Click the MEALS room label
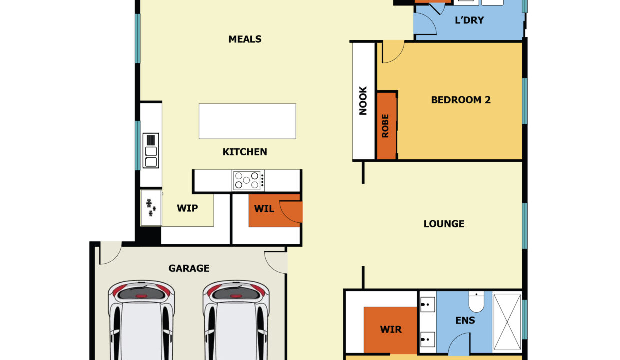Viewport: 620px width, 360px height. [245, 39]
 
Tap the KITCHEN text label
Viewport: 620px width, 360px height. [245, 152]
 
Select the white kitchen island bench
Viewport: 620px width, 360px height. [247, 121]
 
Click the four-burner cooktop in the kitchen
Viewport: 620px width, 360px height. [247, 180]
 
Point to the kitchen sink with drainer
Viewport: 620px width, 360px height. [151, 151]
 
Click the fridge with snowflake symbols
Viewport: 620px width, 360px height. [151, 208]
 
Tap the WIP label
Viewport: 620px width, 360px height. [187, 208]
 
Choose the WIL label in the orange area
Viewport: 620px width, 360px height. [264, 209]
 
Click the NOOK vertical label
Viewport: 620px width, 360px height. [363, 101]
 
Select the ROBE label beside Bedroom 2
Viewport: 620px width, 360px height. [385, 126]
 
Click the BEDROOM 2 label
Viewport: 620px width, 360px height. [461, 100]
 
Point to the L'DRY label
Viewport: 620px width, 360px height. [469, 20]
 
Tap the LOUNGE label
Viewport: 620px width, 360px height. [444, 224]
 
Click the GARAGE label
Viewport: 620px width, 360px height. [189, 268]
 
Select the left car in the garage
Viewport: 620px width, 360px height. [141, 320]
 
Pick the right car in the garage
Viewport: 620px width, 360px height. [236, 320]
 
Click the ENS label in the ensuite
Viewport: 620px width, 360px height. [465, 320]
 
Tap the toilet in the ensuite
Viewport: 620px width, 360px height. [476, 301]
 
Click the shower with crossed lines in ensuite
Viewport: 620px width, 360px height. [507, 322]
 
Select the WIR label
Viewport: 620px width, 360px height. [391, 329]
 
